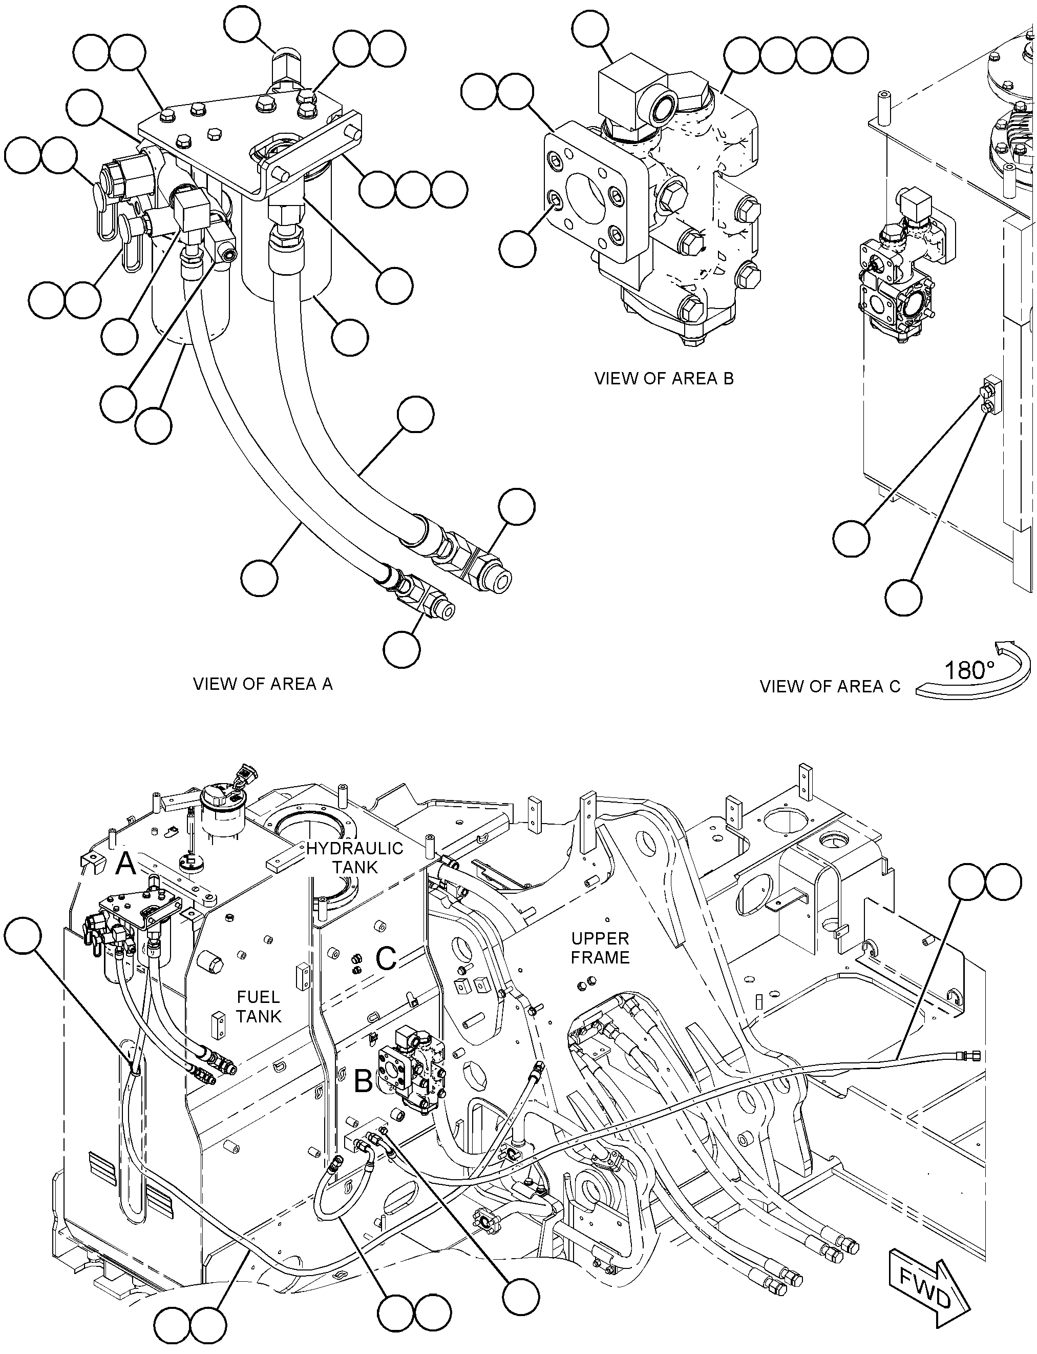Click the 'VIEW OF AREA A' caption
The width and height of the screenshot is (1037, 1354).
(x=262, y=684)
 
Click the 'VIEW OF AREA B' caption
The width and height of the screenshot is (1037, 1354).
(x=664, y=378)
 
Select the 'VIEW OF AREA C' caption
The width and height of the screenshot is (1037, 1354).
(x=830, y=686)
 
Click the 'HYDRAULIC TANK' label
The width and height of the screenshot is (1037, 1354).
(x=354, y=857)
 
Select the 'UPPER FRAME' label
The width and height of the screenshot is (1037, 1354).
(x=600, y=948)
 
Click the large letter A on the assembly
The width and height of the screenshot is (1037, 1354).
(x=126, y=864)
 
